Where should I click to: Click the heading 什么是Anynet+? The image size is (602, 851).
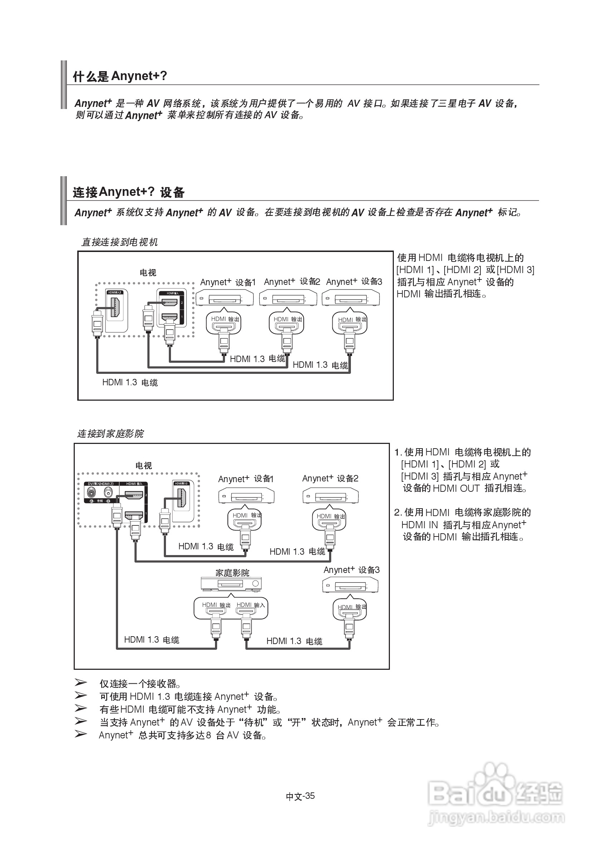120,76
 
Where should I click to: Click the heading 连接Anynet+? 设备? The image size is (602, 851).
128,192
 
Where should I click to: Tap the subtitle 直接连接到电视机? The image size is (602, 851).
119,242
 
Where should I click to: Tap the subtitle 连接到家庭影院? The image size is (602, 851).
110,433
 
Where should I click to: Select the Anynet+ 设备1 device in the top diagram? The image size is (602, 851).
224,298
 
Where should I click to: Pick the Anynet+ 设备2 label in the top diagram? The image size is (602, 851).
292,282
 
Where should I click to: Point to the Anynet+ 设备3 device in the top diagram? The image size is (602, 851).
351,298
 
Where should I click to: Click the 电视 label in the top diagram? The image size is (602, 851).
148,273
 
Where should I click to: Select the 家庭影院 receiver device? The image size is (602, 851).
231,584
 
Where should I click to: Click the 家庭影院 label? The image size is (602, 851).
232,573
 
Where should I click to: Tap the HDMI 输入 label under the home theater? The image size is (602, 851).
251,605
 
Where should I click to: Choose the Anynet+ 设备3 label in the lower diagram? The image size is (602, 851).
351,570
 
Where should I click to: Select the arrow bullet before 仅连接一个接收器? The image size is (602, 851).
80,682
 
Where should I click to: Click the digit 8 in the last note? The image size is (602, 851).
209,735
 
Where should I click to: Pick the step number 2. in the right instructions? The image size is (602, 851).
398,513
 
